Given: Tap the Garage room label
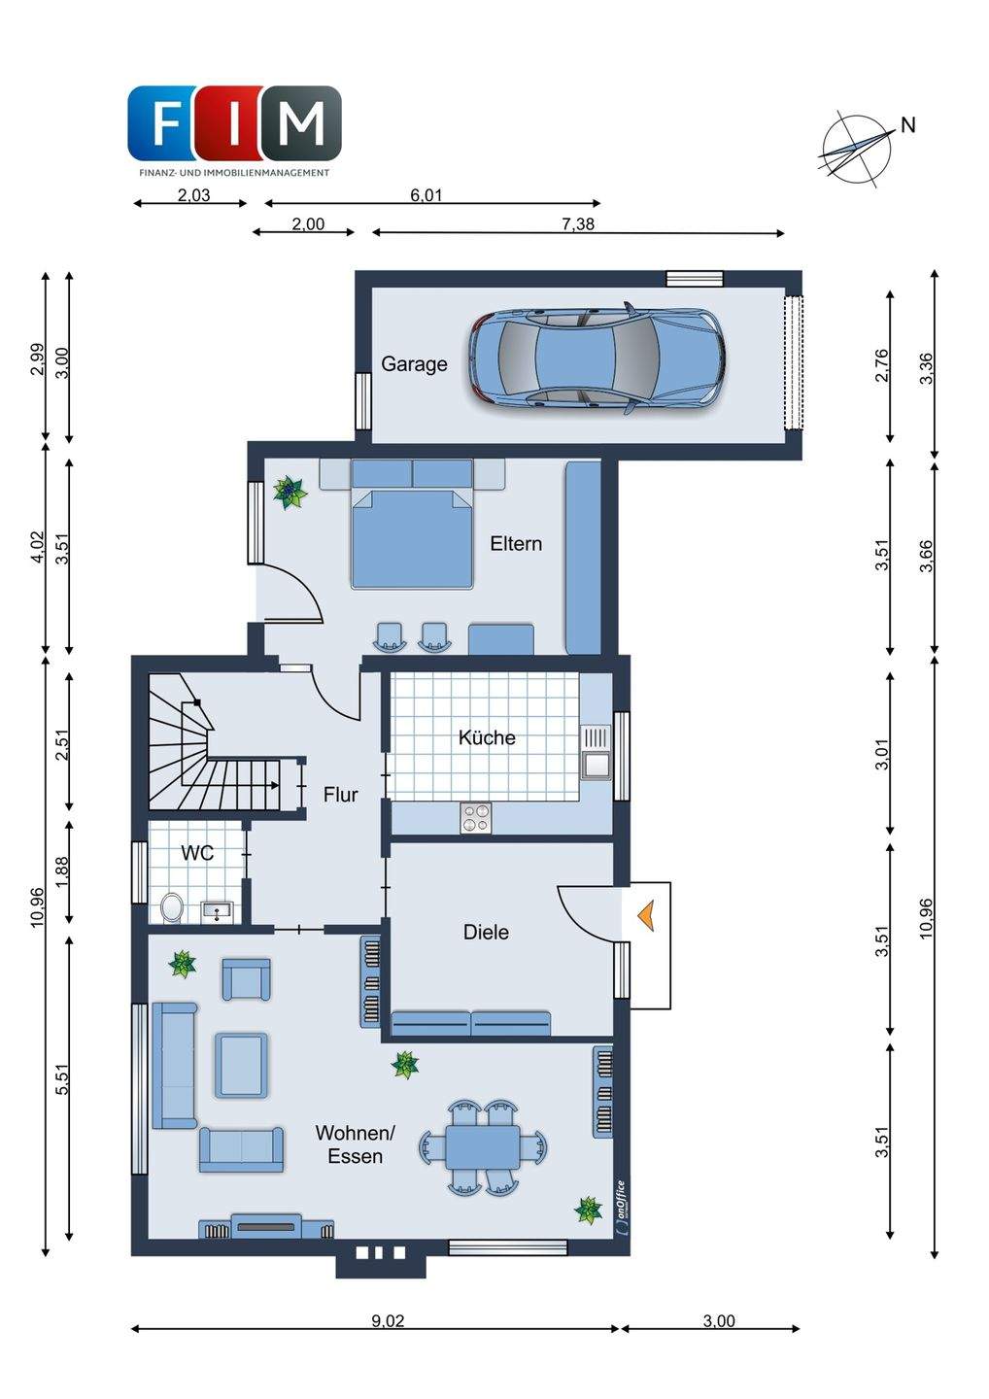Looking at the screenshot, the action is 414,364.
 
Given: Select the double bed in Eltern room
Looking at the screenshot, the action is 412,524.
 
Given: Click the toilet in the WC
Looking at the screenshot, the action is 172,906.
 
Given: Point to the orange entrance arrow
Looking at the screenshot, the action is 646,915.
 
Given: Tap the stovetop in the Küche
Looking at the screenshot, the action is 476,818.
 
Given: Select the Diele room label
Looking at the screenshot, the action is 486,933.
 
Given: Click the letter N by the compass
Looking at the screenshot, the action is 908,125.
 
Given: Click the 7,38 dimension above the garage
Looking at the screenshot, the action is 577,224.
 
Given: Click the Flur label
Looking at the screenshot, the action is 340,795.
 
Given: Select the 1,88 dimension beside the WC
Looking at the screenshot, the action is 63,871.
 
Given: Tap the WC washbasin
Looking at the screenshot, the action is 217,912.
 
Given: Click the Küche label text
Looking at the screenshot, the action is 487,737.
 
